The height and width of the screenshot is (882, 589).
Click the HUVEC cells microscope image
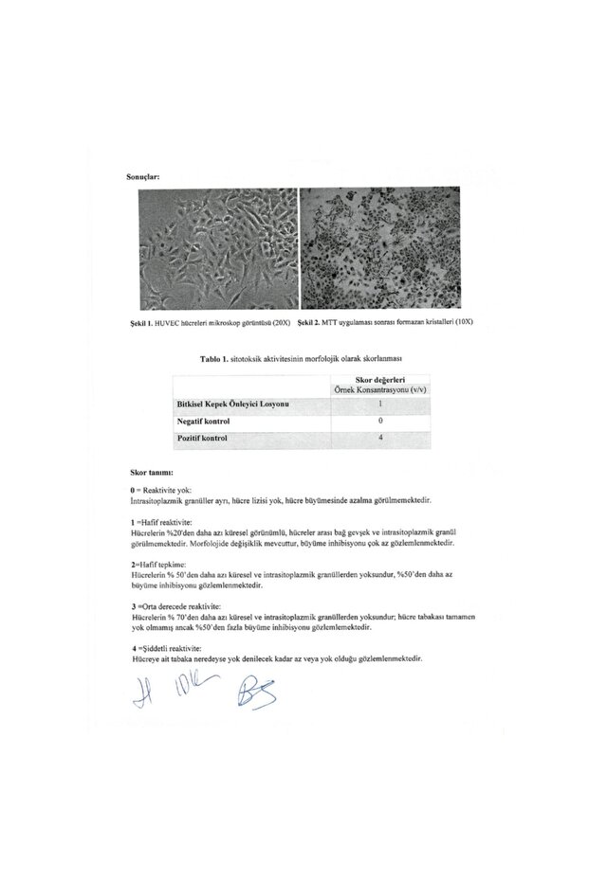217,250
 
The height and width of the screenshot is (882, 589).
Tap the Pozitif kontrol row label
201,438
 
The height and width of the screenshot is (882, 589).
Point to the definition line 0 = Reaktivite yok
157,490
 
